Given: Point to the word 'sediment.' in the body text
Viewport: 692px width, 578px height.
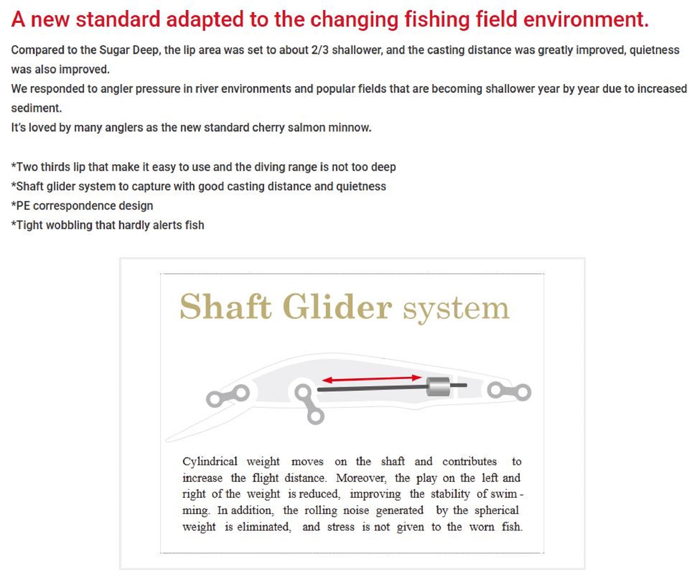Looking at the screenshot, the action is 36,108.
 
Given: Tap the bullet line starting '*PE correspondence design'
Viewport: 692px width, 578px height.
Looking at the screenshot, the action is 82,206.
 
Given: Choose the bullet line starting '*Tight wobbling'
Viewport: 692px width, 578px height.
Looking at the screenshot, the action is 108,225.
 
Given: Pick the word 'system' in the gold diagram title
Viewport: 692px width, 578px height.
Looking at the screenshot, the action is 456,310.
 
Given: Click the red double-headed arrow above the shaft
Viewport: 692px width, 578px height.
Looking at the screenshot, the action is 372,379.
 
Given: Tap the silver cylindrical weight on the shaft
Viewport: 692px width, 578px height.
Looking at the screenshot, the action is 438,386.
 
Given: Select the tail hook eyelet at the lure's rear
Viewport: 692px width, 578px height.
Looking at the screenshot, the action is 509,391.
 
